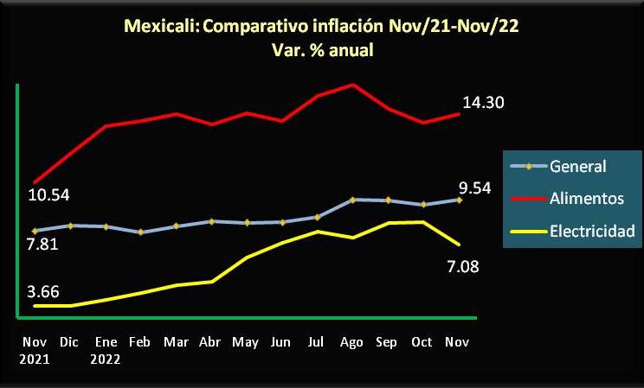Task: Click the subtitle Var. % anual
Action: pos(322,50)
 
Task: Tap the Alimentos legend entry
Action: pos(586,199)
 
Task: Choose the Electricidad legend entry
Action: pos(592,231)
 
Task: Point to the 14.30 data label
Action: pos(484,103)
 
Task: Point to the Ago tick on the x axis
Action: pos(352,342)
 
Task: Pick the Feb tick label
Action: pos(140,342)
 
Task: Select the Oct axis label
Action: pos(422,342)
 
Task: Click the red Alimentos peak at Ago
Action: pos(352,85)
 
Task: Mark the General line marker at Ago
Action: pos(352,200)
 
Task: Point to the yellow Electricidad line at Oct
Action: pos(422,222)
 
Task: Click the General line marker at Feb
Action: pos(140,232)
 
